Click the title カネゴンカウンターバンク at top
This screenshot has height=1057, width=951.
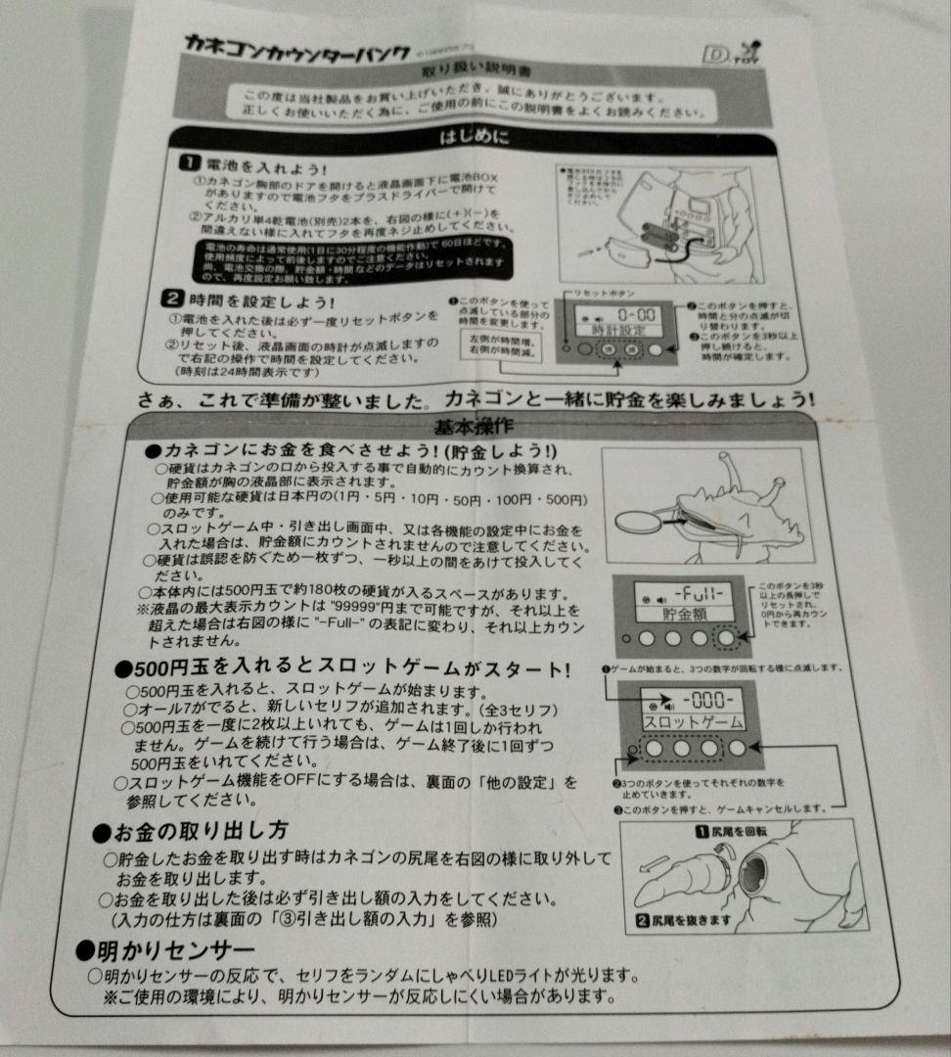point(285,44)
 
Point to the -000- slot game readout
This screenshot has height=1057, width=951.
point(702,702)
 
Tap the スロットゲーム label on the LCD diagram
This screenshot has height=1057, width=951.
point(692,722)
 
